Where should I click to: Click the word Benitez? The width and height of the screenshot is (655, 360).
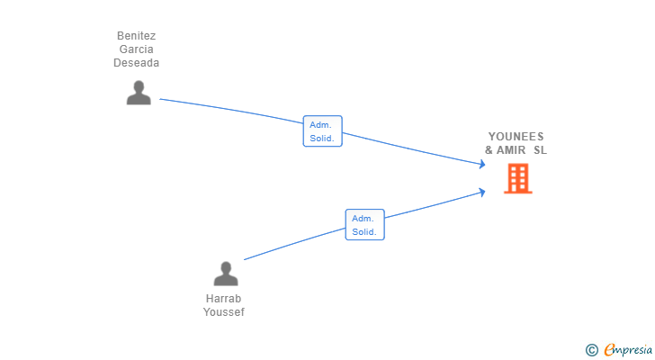click(136, 36)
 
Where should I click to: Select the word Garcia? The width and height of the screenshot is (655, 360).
click(136, 49)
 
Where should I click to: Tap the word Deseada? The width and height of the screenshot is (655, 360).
click(136, 63)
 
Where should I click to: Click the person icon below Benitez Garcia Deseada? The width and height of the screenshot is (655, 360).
click(139, 93)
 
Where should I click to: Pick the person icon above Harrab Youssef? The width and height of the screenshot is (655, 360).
click(226, 274)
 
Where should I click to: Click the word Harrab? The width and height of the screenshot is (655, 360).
click(223, 299)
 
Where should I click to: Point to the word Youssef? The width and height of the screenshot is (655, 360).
click(223, 312)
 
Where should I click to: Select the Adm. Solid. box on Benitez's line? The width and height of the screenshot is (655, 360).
click(322, 131)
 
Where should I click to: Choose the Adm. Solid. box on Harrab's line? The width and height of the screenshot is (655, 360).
click(364, 225)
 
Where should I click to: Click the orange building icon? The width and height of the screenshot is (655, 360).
click(518, 178)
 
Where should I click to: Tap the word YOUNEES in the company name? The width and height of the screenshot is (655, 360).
click(516, 137)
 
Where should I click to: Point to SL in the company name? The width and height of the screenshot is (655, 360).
click(540, 150)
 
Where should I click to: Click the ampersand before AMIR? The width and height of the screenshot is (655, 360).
click(489, 150)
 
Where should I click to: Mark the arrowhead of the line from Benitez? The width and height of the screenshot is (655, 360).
click(482, 164)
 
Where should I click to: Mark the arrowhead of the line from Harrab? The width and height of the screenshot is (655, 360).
click(482, 192)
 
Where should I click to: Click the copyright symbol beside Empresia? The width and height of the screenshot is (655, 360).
click(591, 350)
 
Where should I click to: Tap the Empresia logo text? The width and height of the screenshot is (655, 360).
click(628, 350)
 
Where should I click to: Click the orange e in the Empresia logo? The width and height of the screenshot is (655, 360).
click(609, 349)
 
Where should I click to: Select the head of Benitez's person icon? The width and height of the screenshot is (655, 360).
click(139, 87)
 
